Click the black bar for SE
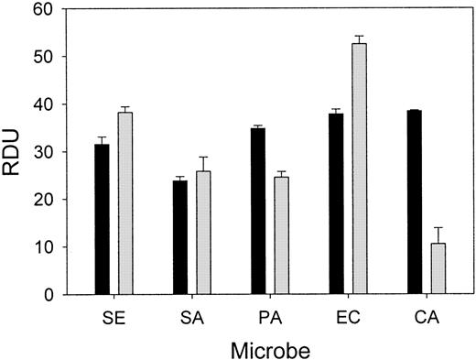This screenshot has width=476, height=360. coord(102,220)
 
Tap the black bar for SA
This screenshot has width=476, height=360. coord(180,237)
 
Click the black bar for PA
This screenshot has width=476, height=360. coord(258,211)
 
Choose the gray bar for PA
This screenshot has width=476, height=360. coord(281,235)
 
